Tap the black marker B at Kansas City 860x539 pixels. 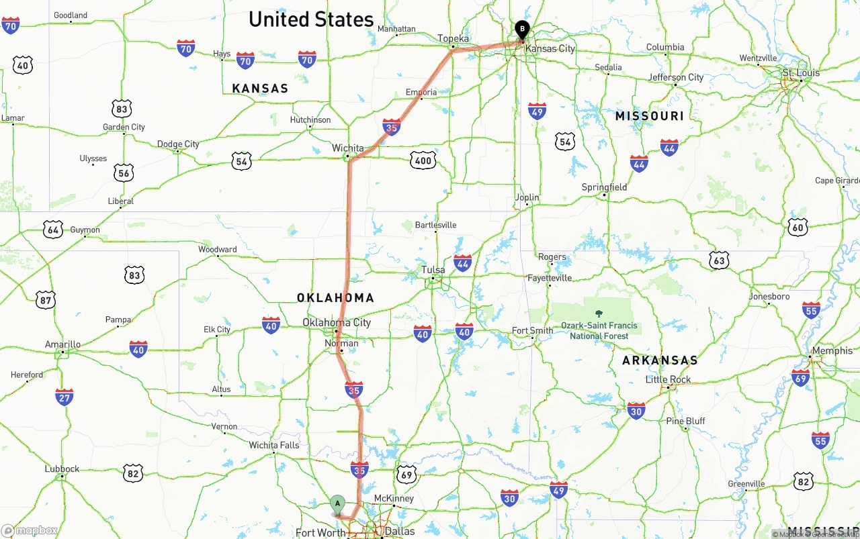click(522, 30)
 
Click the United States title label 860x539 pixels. click(311, 19)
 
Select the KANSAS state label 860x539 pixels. click(260, 89)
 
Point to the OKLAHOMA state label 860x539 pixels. click(335, 297)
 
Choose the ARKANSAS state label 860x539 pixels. click(660, 360)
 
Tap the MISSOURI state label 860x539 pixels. click(649, 116)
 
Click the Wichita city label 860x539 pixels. click(347, 148)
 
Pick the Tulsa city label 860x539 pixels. click(433, 270)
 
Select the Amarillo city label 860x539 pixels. click(62, 344)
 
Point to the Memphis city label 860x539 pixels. click(832, 351)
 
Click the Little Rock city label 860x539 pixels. click(668, 379)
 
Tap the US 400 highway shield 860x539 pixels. click(423, 160)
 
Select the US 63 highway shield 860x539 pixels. click(719, 260)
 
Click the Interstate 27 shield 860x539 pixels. click(64, 397)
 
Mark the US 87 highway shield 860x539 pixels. click(46, 300)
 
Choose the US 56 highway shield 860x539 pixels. click(124, 173)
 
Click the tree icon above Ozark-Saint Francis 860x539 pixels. click(599, 313)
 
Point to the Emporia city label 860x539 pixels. click(421, 93)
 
